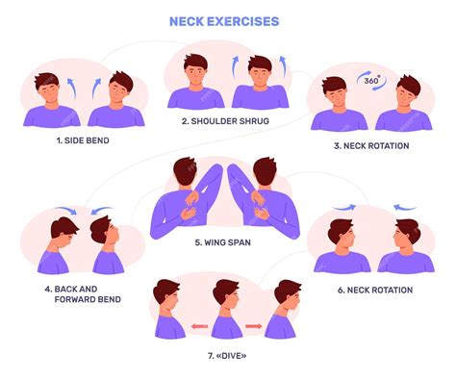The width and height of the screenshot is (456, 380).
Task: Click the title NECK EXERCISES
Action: (x=223, y=20)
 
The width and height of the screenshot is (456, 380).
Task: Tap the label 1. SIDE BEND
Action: (x=82, y=140)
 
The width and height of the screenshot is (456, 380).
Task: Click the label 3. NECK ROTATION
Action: (x=371, y=145)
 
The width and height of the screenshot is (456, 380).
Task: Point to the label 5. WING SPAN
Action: (x=222, y=242)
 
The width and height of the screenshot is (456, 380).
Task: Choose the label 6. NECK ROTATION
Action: (x=375, y=290)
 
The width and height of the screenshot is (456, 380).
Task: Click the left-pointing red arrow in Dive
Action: (x=199, y=327)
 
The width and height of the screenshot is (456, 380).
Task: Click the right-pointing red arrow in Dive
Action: (x=253, y=327)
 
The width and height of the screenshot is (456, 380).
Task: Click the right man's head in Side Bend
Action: (x=116, y=89)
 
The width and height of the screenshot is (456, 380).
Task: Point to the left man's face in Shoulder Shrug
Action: (x=196, y=69)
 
